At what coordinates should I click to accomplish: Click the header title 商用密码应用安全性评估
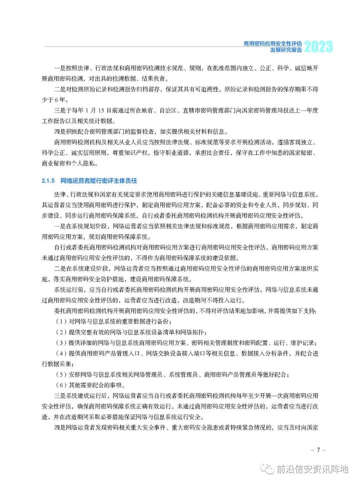(x=272, y=44)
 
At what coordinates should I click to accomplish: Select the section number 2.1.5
(x=47, y=181)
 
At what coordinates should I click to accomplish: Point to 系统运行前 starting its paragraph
(x=68, y=289)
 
